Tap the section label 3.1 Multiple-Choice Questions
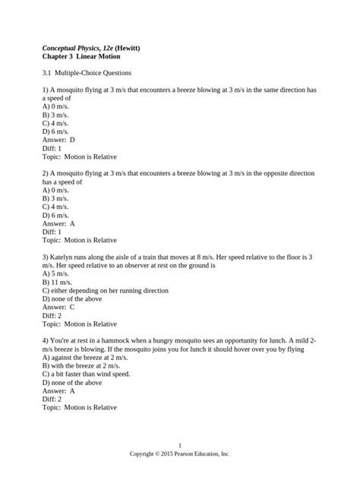[x=87, y=74]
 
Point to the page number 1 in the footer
[x=179, y=444]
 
